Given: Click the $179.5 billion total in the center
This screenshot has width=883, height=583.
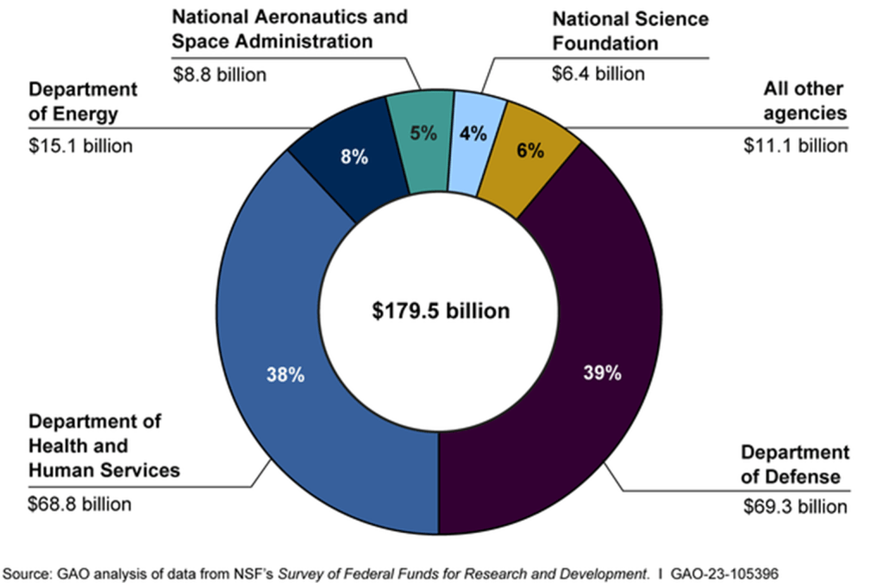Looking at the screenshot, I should click(441, 310).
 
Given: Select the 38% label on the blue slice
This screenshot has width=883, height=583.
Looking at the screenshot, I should click(284, 375).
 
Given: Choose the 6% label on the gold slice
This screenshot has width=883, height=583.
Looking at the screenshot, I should click(529, 150).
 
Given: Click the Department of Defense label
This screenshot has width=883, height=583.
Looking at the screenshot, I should click(795, 465).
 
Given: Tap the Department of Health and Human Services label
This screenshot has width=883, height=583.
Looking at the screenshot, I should click(104, 446).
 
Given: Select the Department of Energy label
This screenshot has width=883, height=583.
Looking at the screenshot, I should click(83, 102).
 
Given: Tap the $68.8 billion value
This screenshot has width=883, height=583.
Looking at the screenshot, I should click(81, 504).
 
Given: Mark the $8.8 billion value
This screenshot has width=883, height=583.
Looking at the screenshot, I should click(220, 74).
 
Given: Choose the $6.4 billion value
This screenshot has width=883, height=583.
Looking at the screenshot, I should click(598, 73).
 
